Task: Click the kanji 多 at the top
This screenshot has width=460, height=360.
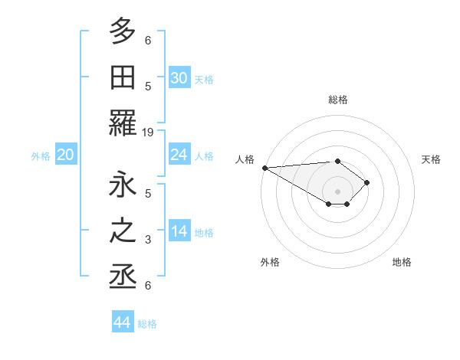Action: click(x=123, y=33)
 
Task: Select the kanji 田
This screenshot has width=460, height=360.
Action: click(x=123, y=77)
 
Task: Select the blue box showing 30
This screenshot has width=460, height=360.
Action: click(x=179, y=78)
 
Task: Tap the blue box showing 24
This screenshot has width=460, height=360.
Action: click(x=179, y=155)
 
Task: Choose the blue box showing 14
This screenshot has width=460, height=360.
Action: click(x=179, y=231)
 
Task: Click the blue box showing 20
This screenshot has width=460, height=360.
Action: click(x=66, y=155)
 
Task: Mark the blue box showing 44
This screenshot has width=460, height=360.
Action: click(x=123, y=322)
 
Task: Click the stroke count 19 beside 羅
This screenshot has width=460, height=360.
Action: click(x=149, y=132)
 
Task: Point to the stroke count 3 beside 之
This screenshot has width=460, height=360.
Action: click(x=149, y=241)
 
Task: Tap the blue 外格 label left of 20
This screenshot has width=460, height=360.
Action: click(x=41, y=155)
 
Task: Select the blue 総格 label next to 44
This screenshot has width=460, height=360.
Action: click(x=147, y=323)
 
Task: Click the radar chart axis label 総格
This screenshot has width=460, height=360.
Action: click(x=337, y=100)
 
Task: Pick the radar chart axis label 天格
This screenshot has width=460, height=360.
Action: click(x=432, y=159)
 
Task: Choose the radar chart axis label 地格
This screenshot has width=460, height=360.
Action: click(x=402, y=262)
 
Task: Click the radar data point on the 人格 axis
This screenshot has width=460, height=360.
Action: click(x=264, y=167)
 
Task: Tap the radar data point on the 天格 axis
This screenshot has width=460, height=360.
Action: click(x=367, y=182)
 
